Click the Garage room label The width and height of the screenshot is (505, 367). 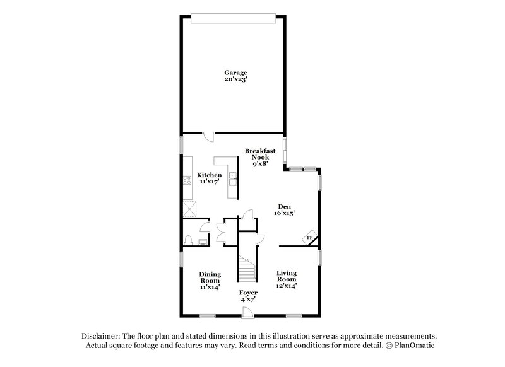click(x=234, y=73)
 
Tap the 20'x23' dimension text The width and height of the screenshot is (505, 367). click(x=234, y=81)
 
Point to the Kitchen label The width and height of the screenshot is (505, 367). click(x=209, y=175)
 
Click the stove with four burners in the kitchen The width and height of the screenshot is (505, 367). click(x=187, y=180)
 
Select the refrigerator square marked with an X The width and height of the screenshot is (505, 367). click(x=189, y=207)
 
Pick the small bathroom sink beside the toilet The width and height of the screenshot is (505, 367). click(x=203, y=240)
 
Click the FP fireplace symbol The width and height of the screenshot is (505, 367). click(x=309, y=237)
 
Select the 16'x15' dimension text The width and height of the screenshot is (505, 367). click(x=284, y=214)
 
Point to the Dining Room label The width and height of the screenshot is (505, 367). click(x=210, y=277)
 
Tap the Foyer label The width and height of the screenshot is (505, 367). click(x=248, y=293)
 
